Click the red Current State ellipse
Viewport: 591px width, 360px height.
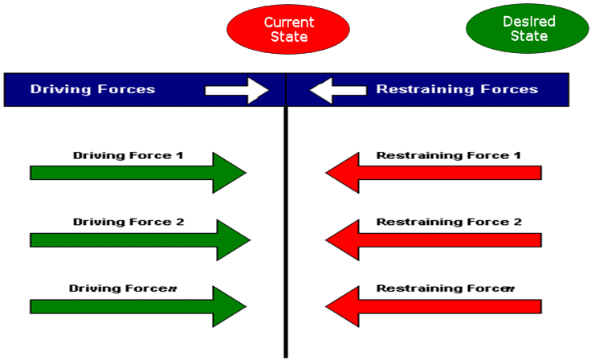pos(288,30)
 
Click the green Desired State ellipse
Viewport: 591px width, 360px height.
pos(523,30)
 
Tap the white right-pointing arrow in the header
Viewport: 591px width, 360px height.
pos(238,90)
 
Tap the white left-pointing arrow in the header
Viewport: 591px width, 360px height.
pos(337,90)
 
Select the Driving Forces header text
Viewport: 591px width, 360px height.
pos(92,89)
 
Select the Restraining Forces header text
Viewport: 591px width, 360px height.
pos(457,89)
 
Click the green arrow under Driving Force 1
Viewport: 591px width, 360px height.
pos(137,173)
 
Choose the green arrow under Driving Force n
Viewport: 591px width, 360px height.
pos(137,306)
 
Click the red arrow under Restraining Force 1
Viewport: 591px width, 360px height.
pos(434,173)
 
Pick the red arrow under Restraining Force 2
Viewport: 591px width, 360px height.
pos(434,239)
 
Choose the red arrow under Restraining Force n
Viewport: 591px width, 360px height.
pos(434,306)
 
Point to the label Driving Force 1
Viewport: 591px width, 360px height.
pos(128,154)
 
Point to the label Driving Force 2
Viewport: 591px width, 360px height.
pos(128,221)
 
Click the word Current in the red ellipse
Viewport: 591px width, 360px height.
pos(288,22)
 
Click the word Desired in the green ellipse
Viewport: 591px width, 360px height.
pos(523,22)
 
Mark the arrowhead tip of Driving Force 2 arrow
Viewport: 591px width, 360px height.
pos(249,239)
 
